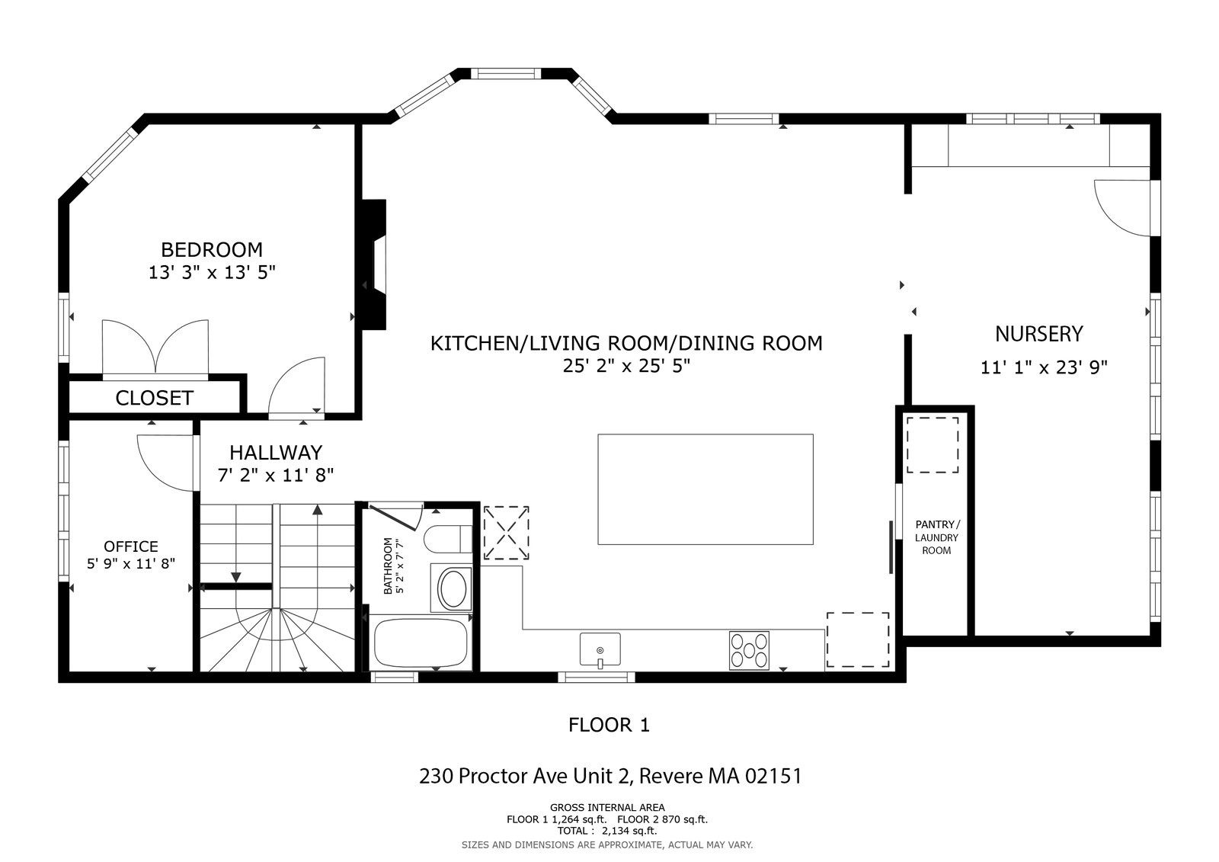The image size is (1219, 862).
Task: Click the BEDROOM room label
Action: pyautogui.click(x=212, y=250)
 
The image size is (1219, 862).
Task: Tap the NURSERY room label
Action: pyautogui.click(x=1039, y=334)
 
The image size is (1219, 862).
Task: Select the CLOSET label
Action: pyautogui.click(x=155, y=398)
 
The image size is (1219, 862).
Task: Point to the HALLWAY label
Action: pyautogui.click(x=276, y=453)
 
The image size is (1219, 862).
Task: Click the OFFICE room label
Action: pyautogui.click(x=131, y=546)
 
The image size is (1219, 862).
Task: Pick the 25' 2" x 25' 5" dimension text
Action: pyautogui.click(x=626, y=366)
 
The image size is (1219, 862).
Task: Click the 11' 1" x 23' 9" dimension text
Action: pyautogui.click(x=1044, y=367)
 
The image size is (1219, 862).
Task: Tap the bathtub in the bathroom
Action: pyautogui.click(x=421, y=642)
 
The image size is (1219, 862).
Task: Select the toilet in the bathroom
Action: pyautogui.click(x=448, y=539)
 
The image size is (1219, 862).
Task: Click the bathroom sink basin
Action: pyautogui.click(x=453, y=588)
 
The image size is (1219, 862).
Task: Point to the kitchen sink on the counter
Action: pyautogui.click(x=600, y=649)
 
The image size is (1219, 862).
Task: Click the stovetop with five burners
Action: pyautogui.click(x=750, y=650)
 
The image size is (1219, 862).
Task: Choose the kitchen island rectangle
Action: pyautogui.click(x=705, y=489)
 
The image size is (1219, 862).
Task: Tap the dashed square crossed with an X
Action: pyautogui.click(x=506, y=533)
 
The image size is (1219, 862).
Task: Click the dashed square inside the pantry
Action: pyautogui.click(x=933, y=445)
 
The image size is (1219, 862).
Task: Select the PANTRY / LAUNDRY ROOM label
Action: pyautogui.click(x=937, y=537)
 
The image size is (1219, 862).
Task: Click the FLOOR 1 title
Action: pyautogui.click(x=609, y=725)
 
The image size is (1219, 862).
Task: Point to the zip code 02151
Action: pyautogui.click(x=773, y=775)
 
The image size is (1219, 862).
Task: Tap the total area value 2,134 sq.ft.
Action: pyautogui.click(x=629, y=831)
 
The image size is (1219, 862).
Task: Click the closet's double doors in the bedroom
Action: pyautogui.click(x=155, y=348)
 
